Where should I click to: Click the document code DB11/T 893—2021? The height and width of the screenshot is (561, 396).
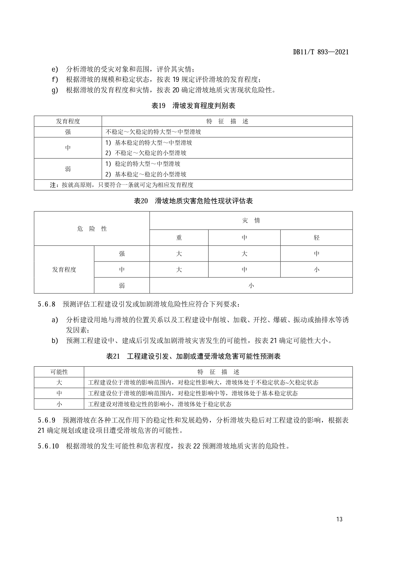pyautogui.click(x=321, y=52)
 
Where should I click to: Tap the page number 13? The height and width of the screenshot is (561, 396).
pyautogui.click(x=339, y=519)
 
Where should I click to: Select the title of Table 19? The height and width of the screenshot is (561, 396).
pyautogui.click(x=193, y=106)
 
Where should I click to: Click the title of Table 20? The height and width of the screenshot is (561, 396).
pyautogui.click(x=193, y=201)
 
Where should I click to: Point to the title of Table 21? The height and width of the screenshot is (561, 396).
pyautogui.click(x=193, y=356)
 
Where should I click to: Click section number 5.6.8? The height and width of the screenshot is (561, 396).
pyautogui.click(x=47, y=304)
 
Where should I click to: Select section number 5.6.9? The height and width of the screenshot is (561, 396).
pyautogui.click(x=47, y=420)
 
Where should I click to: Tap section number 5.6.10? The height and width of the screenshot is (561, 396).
pyautogui.click(x=48, y=446)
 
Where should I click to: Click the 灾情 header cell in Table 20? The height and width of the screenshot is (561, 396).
pyautogui.click(x=251, y=221)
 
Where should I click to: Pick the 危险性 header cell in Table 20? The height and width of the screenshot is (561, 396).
pyautogui.click(x=92, y=229)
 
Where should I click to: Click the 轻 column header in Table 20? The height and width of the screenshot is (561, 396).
pyautogui.click(x=316, y=238)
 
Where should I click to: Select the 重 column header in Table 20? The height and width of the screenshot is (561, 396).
pyautogui.click(x=179, y=238)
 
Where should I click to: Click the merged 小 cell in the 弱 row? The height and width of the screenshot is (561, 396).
pyautogui.click(x=251, y=285)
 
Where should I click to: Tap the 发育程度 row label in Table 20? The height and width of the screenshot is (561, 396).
pyautogui.click(x=64, y=270)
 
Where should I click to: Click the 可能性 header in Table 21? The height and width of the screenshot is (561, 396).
pyautogui.click(x=59, y=372)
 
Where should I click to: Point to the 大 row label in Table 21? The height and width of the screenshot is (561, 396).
pyautogui.click(x=59, y=383)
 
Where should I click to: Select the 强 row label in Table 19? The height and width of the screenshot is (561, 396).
pyautogui.click(x=68, y=132)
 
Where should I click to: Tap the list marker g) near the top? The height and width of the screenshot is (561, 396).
pyautogui.click(x=55, y=90)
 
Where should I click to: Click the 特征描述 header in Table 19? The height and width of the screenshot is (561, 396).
pyautogui.click(x=227, y=121)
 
